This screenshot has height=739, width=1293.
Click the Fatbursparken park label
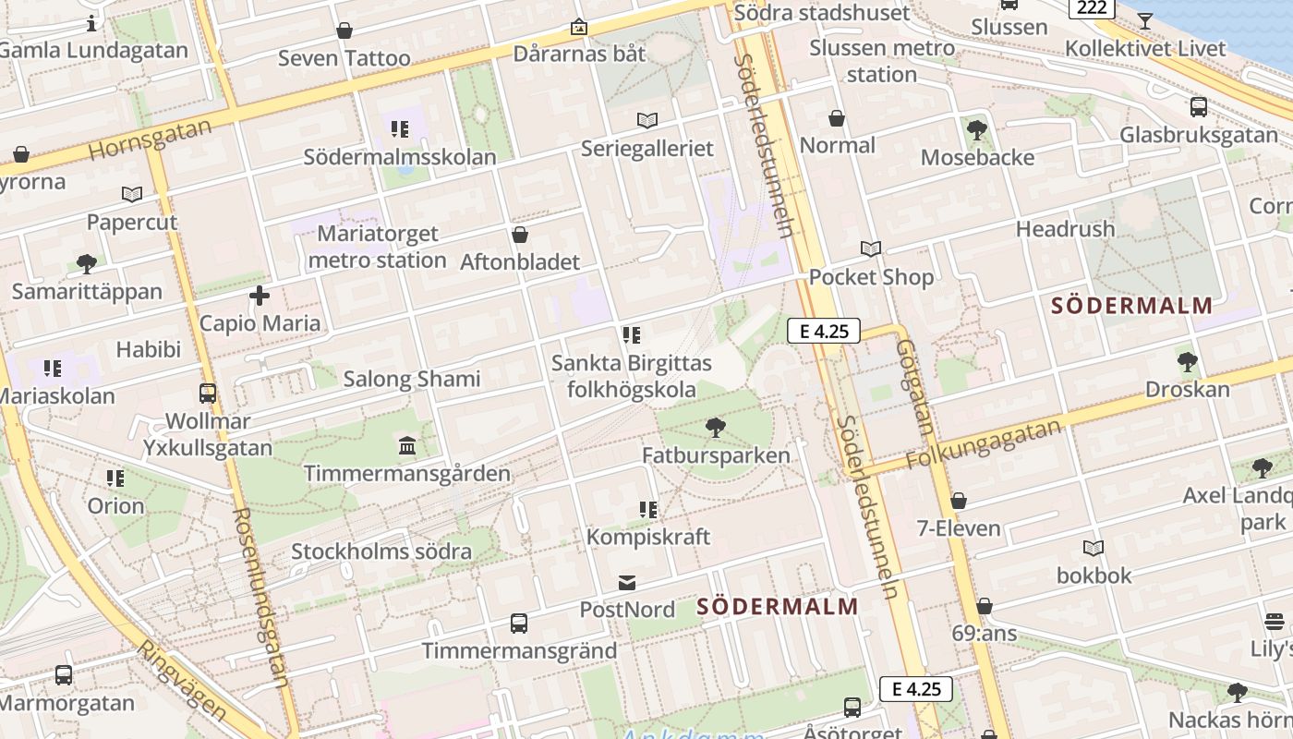pyautogui.click(x=717, y=455)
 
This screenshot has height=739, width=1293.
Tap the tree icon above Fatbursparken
pyautogui.click(x=715, y=427)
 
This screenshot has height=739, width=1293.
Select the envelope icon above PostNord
pyautogui.click(x=627, y=582)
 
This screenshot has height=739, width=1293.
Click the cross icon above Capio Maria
pyautogui.click(x=260, y=296)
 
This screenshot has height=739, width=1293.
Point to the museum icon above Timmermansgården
pyautogui.click(x=406, y=446)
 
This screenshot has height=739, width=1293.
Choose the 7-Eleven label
pyautogui.click(x=959, y=528)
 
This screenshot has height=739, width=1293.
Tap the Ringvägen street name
pyautogui.click(x=182, y=679)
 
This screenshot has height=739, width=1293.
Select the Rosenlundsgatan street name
pyautogui.click(x=261, y=597)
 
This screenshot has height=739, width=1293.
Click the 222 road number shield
pyautogui.click(x=1091, y=7)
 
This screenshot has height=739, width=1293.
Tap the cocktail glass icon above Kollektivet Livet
pyautogui.click(x=1145, y=20)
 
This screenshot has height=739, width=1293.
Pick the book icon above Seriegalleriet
pyautogui.click(x=647, y=120)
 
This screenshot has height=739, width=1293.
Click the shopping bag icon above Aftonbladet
pyautogui.click(x=520, y=235)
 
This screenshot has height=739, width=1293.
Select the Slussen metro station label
pyautogui.click(x=882, y=61)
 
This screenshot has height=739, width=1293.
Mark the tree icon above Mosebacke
pyautogui.click(x=977, y=129)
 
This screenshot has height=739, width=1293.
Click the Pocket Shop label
pyautogui.click(x=871, y=277)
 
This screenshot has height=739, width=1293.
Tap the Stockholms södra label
pyautogui.click(x=381, y=551)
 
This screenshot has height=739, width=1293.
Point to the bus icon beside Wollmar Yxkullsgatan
pyautogui.click(x=208, y=394)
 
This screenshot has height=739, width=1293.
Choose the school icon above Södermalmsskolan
pyautogui.click(x=400, y=129)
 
